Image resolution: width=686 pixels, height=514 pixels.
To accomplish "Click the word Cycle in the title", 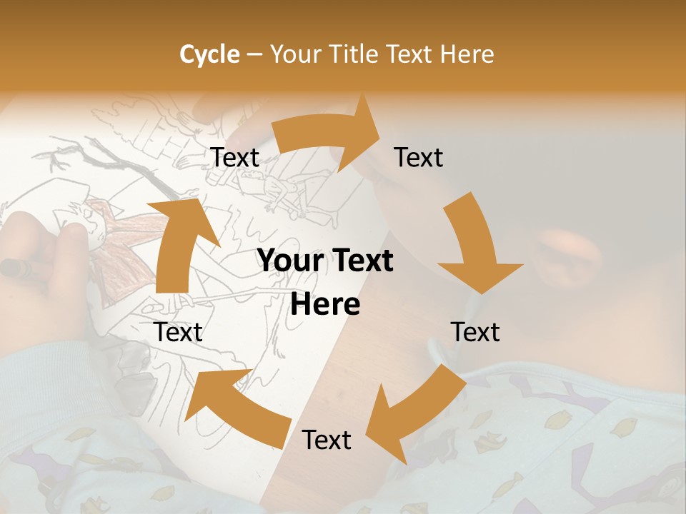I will [209, 54].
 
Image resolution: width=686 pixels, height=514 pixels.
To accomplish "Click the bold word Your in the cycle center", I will [292, 261].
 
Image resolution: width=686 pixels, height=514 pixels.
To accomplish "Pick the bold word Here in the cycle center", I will [325, 305].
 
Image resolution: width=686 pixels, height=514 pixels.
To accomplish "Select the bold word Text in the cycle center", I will [361, 261].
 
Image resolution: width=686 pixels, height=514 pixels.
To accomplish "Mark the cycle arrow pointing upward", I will [179, 243].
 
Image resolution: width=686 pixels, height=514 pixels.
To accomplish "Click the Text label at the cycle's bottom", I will [327, 440].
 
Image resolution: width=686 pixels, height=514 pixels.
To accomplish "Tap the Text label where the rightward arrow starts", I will [235, 158].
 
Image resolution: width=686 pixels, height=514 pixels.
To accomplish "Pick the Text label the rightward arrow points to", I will [419, 157].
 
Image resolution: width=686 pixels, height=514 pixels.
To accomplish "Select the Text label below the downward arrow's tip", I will [475, 332].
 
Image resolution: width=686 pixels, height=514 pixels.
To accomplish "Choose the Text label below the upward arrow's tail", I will [179, 332].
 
